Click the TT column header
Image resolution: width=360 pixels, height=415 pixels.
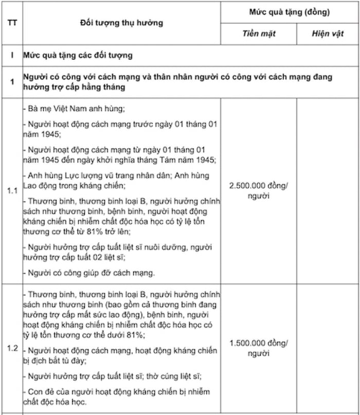[11, 23]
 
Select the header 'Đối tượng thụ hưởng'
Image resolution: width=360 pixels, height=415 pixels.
[122, 23]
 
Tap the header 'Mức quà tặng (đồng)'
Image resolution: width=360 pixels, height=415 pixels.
[290, 12]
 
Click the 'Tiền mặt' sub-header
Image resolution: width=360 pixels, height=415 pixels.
[259, 33]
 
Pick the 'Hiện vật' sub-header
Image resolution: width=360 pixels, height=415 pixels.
[328, 33]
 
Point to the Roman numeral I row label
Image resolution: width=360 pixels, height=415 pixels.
[11, 55]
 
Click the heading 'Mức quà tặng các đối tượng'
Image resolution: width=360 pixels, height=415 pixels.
[78, 55]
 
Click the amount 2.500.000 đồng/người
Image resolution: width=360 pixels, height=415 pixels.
[259, 191]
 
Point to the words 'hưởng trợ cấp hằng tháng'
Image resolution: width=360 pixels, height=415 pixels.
[74, 88]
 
